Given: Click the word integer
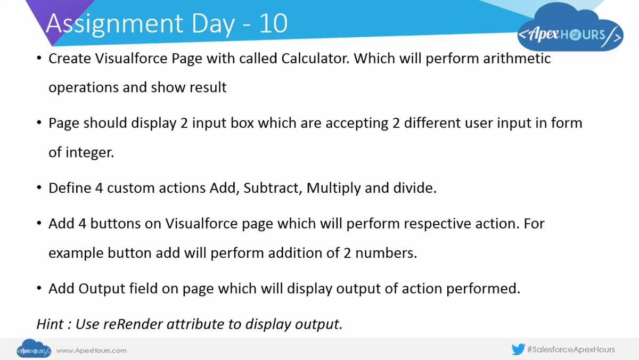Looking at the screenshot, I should click(88, 152).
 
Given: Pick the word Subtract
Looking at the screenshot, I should click(272, 189).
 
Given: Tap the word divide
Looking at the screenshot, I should click(416, 189).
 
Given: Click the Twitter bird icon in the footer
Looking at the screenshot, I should click(518, 350).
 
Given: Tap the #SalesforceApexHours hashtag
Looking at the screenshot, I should click(570, 350).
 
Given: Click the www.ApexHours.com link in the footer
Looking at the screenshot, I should click(91, 350).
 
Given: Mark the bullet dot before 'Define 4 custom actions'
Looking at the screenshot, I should click(39, 188).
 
